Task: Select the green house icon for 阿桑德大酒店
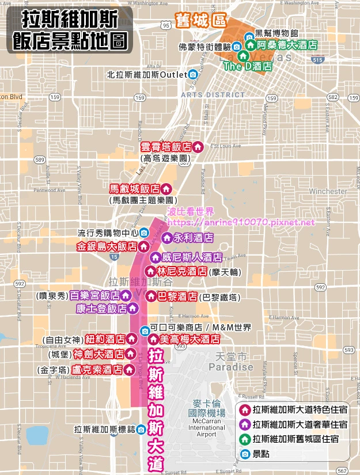coord(251,45)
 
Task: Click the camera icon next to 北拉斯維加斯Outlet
coord(193,74)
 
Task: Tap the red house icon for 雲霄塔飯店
coord(198,147)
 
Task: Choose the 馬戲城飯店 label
coord(135,189)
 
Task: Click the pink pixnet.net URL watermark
coord(242,222)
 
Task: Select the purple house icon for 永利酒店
coord(166,237)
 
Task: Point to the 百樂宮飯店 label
coord(94,296)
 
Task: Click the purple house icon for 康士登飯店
coord(132,309)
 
